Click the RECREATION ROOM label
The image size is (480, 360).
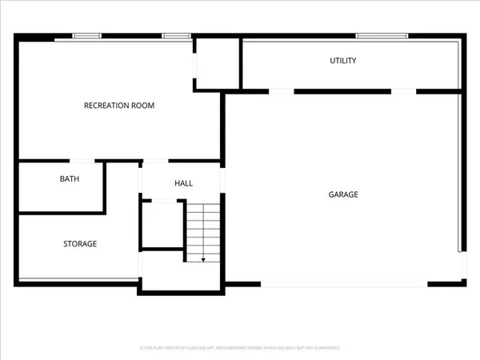pos(119,106)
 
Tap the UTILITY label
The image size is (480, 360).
pos(343,61)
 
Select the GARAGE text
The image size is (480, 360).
pos(343,194)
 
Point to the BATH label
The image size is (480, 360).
pos(70,179)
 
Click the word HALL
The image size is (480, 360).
pos(184,184)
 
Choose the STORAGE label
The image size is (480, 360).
pos(80,243)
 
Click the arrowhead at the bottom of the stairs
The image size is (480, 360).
pos(203,259)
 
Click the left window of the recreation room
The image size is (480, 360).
pos(87,35)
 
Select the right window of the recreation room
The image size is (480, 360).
pos(176,35)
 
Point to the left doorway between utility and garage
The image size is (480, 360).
pos(282,91)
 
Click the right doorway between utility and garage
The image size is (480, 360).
pos(402,91)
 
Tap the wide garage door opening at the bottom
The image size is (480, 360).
pos(344,285)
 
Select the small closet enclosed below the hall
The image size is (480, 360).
pos(163,225)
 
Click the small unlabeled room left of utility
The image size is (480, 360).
pos(217,62)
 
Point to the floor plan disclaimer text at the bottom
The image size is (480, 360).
pos(240,348)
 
